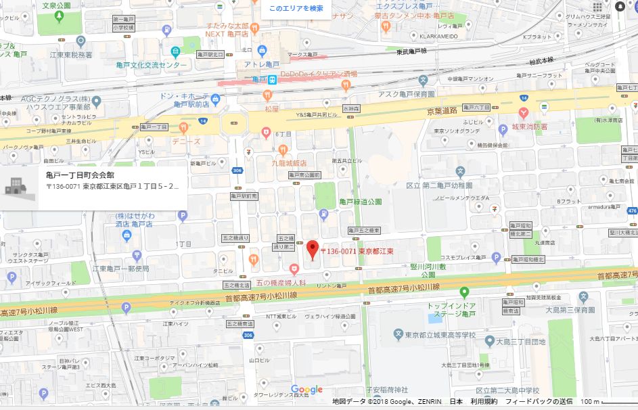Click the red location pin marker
coord(312,250)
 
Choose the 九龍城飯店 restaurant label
coord(290,163)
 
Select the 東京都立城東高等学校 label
coord(442,336)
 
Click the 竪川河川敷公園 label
coord(424,271)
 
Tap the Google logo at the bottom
coord(306,390)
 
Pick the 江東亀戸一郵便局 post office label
coord(120,269)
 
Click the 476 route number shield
coord(632,210)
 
